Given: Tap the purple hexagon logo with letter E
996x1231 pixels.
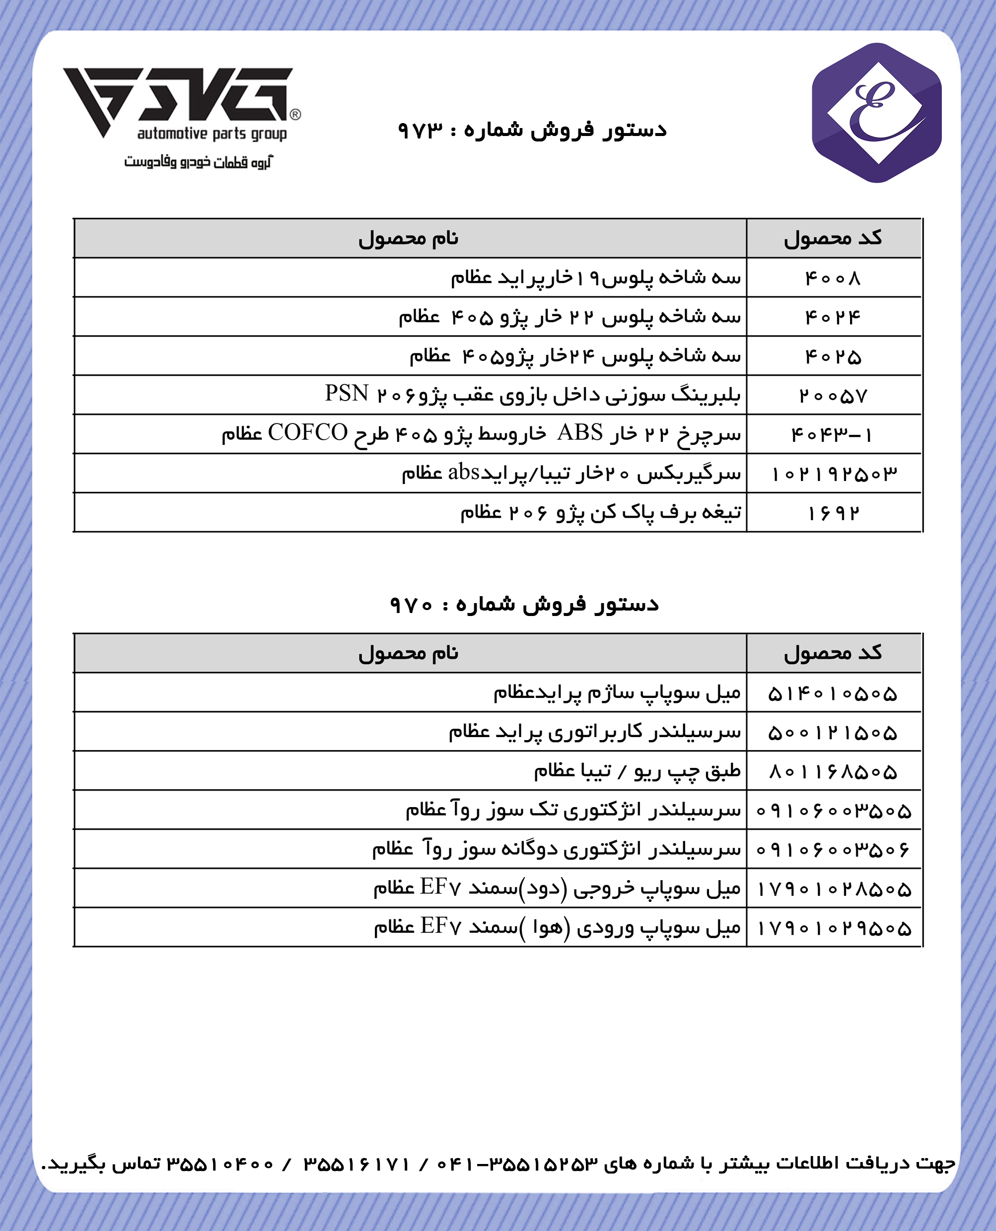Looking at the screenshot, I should point(876,113).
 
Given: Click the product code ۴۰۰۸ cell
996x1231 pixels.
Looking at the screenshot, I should point(833,278).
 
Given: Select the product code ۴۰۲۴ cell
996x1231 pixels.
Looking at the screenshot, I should point(833,317).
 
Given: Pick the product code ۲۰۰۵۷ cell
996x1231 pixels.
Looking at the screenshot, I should point(833,396).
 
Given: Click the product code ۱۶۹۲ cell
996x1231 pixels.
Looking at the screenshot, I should point(833,513).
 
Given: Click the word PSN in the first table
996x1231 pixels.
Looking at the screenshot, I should point(347,394).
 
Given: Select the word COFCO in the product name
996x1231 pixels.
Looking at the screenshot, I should point(307,432).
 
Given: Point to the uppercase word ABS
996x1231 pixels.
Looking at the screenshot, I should point(579,432).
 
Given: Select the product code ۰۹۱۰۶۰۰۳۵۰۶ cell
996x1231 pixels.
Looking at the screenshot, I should point(833,850).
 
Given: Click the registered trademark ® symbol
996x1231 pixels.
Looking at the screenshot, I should point(295,114).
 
